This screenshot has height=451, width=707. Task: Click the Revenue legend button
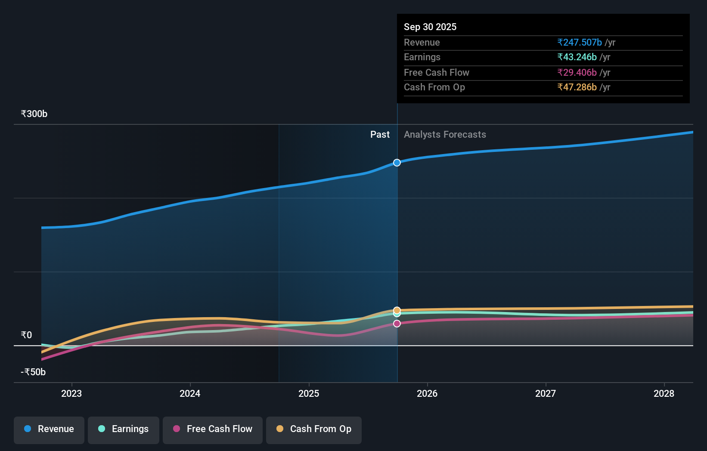[x=49, y=429]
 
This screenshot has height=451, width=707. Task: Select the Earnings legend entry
[x=124, y=429]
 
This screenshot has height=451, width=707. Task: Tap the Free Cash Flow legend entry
[x=213, y=429]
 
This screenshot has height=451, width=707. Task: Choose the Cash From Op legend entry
[x=314, y=429]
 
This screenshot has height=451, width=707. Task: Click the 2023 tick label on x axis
[x=71, y=393]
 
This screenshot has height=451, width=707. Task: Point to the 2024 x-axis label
[x=190, y=393]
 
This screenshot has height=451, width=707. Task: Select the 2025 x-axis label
[x=309, y=393]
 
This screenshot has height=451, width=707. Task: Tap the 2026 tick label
[x=427, y=393]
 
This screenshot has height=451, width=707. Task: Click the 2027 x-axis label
[x=546, y=393]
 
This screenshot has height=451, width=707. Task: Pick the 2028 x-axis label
[x=664, y=393]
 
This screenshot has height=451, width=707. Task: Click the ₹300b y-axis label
[x=34, y=114]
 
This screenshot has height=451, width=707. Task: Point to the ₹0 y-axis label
[x=26, y=335]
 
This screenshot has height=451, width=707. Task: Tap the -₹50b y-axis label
[x=33, y=372]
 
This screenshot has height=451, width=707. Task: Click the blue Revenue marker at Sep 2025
[x=397, y=163]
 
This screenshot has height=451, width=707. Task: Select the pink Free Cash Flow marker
[x=397, y=324]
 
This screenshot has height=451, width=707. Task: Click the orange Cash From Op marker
[x=397, y=310]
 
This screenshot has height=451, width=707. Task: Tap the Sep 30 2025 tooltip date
[x=430, y=27]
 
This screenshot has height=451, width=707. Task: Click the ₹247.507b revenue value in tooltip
[x=580, y=43]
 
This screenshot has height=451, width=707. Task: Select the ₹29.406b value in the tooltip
[x=577, y=73]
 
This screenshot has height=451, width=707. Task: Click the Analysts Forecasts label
[x=445, y=135]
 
